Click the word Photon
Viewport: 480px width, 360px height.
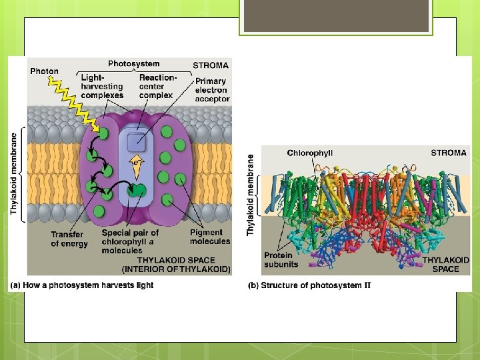coord(44,71)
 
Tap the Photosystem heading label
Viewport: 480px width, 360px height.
coord(134,64)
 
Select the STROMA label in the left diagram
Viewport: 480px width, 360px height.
coord(211,65)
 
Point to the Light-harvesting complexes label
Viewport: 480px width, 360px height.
coord(102,86)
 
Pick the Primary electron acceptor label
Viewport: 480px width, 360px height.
coord(211,90)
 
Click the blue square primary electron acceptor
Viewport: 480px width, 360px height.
coord(136,140)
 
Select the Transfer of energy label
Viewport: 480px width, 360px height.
coord(69,239)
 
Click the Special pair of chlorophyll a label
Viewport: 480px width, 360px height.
coord(130,241)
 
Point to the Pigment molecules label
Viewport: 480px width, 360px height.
coord(209,237)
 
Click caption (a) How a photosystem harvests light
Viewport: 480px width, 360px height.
coord(81,285)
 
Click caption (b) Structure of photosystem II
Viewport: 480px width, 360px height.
coord(309,285)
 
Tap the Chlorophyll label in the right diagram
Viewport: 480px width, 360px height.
coord(310,153)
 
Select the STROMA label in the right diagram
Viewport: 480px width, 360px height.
coord(449,153)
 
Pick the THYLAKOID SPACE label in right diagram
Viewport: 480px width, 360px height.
coord(445,264)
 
